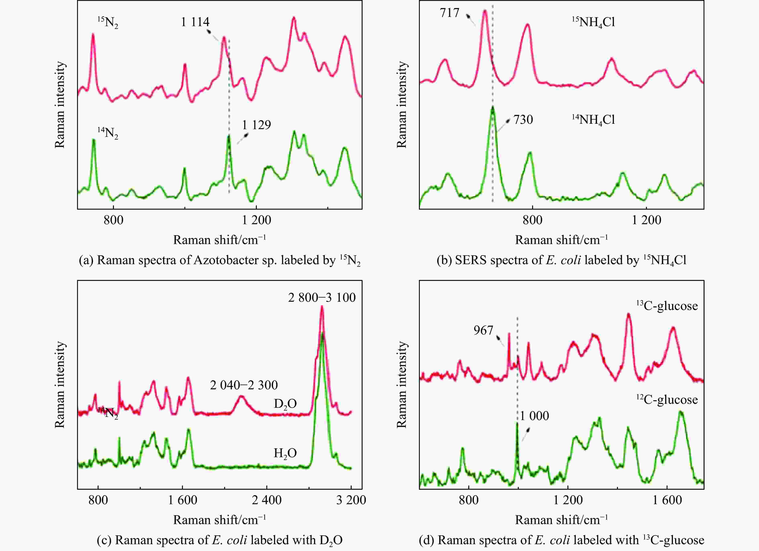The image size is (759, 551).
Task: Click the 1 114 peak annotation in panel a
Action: [x=195, y=22]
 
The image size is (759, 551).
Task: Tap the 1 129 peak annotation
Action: [x=256, y=125]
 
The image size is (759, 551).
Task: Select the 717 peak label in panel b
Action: [x=449, y=13]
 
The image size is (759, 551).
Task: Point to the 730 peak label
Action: [x=523, y=120]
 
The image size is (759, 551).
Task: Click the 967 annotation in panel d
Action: [x=483, y=330]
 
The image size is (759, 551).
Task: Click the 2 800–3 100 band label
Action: [x=322, y=297]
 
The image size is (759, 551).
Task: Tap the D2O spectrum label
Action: [x=285, y=404]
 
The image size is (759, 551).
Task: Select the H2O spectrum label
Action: [x=285, y=453]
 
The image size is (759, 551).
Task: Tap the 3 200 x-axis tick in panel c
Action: [x=351, y=500]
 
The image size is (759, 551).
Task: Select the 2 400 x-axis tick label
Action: [x=267, y=500]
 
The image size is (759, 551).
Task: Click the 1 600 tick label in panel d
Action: [x=667, y=500]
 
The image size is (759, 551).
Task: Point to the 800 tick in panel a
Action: [x=113, y=220]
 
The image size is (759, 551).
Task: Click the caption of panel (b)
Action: [x=561, y=260]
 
